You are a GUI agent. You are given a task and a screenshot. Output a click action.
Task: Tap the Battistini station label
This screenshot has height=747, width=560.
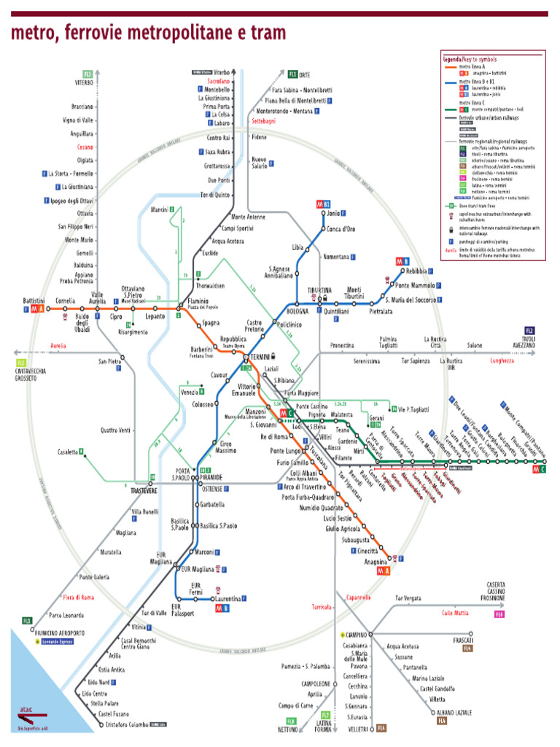(x=34, y=301)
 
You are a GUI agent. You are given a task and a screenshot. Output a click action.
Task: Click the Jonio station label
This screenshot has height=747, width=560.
(x=333, y=214)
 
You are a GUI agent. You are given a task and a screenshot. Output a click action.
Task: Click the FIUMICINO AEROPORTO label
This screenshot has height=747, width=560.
(x=59, y=632)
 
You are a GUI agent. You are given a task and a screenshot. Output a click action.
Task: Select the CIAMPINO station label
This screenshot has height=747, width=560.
(x=355, y=635)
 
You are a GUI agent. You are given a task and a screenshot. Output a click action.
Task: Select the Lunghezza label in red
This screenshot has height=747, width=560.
(x=502, y=360)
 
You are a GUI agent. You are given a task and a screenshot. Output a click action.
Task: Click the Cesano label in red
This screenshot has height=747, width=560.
(x=85, y=147)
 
